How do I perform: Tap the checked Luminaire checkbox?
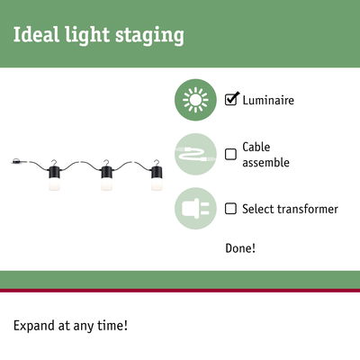pyautogui.click(x=231, y=100)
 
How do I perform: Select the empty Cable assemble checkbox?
pyautogui.click(x=231, y=154)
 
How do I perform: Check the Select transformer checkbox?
pyautogui.click(x=231, y=209)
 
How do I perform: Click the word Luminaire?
pyautogui.click(x=268, y=101)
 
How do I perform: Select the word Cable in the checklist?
pyautogui.click(x=256, y=147)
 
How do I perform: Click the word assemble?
pyautogui.click(x=266, y=163)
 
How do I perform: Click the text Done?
pyautogui.click(x=240, y=247)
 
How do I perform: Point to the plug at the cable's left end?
pyautogui.click(x=19, y=162)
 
